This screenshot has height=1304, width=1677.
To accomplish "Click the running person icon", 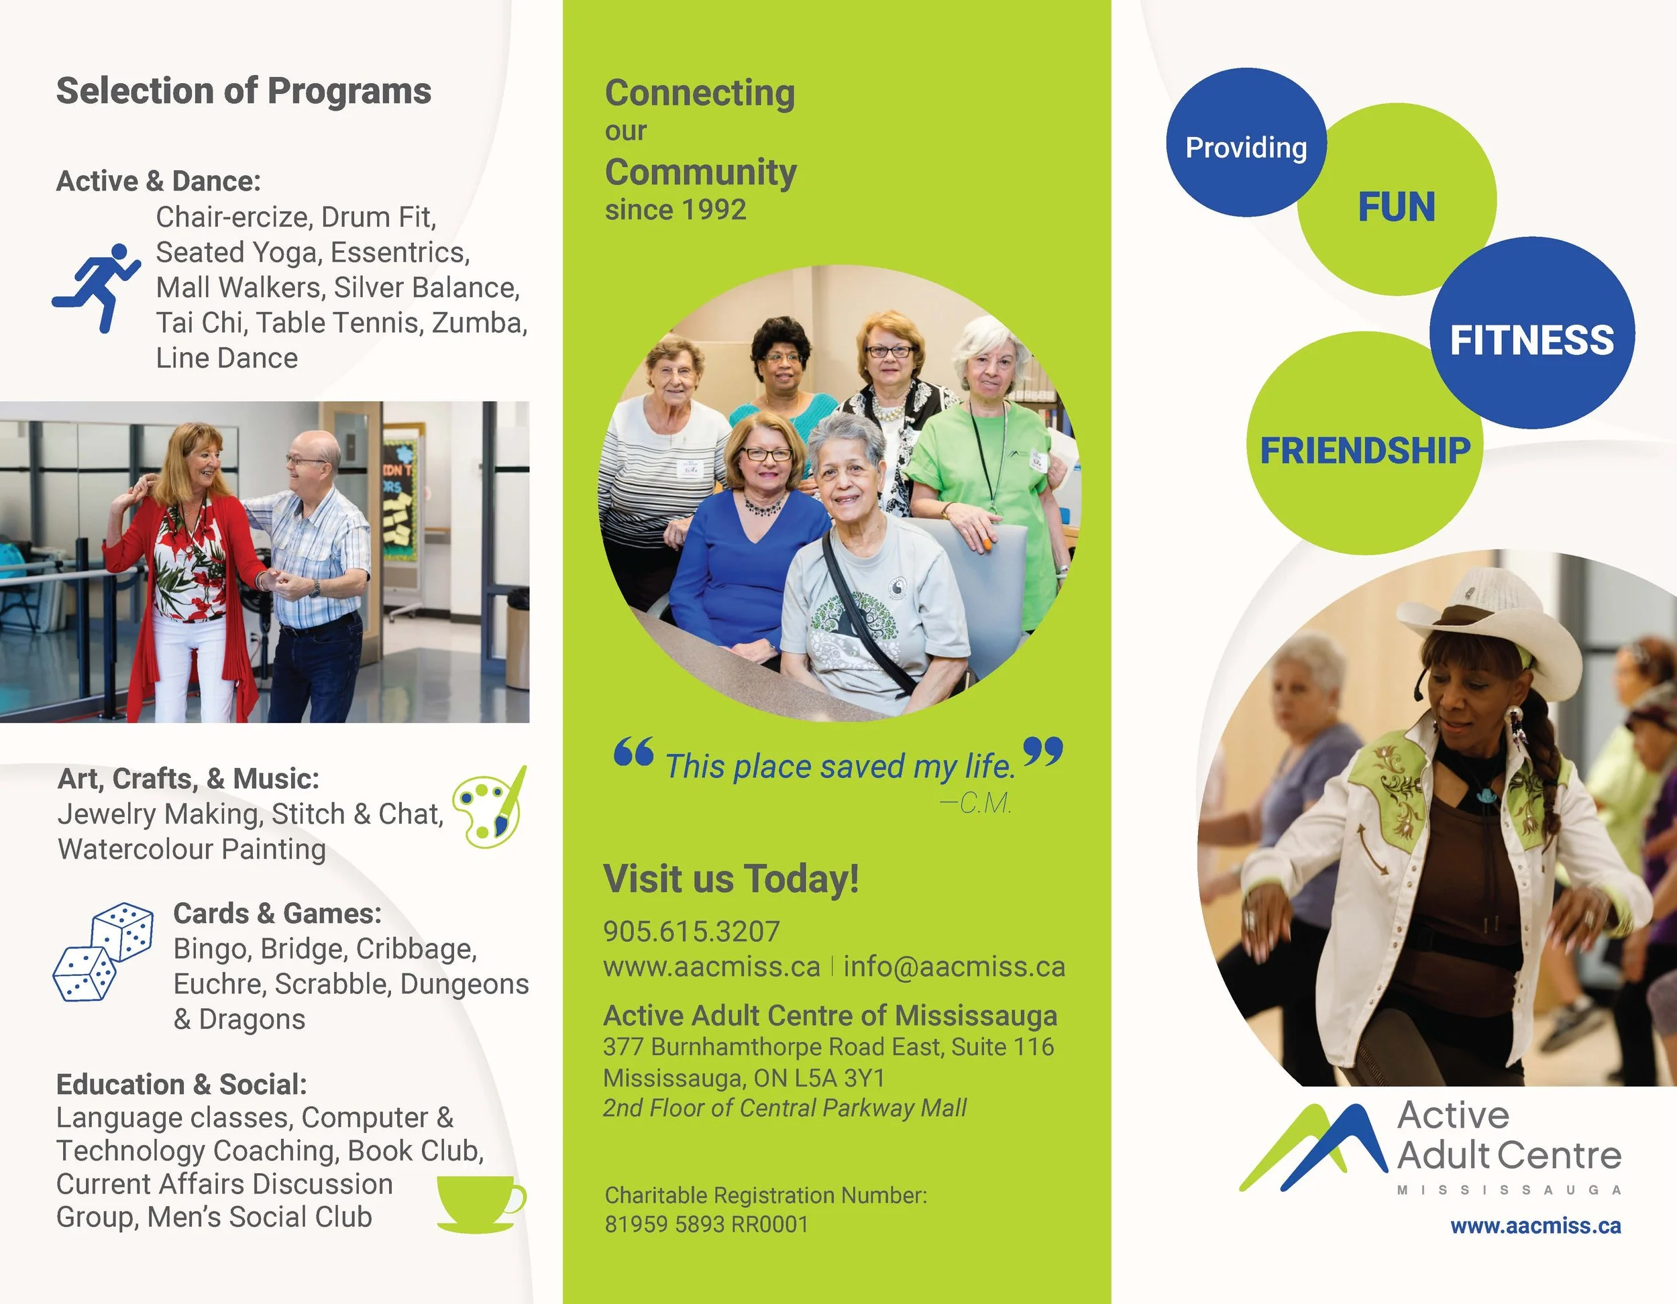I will pyautogui.click(x=97, y=287).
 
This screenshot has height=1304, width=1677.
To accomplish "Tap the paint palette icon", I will pyautogui.click(x=489, y=807).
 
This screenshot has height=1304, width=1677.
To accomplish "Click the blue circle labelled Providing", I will pyautogui.click(x=1246, y=146).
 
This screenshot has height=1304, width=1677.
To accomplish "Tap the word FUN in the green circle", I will pyautogui.click(x=1396, y=207).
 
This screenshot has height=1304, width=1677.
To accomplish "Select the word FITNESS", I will pyautogui.click(x=1531, y=340).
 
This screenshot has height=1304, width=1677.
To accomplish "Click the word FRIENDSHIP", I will pyautogui.click(x=1364, y=451).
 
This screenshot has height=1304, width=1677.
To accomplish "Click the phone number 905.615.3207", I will pyautogui.click(x=691, y=932).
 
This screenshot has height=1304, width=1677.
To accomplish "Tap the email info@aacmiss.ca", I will pyautogui.click(x=954, y=967).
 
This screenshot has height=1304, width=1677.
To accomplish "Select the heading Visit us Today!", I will pyautogui.click(x=731, y=879).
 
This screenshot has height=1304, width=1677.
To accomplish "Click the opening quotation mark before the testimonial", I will pyautogui.click(x=633, y=752).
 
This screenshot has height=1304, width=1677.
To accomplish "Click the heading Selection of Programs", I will pyautogui.click(x=244, y=91).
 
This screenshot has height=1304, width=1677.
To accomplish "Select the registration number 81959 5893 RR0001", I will pyautogui.click(x=706, y=1224).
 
